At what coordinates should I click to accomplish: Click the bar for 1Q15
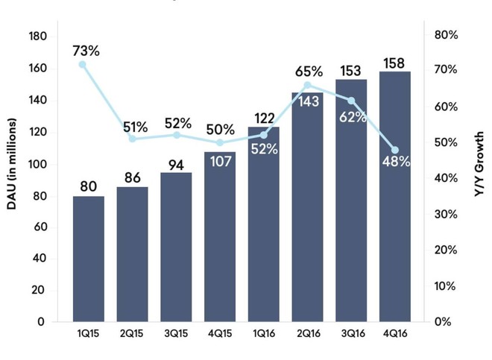[x=88, y=259]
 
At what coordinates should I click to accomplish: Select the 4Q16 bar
[x=394, y=197]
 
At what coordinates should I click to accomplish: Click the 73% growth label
[x=86, y=51]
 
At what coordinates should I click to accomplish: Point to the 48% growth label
[x=395, y=161]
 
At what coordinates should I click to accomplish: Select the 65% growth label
[x=308, y=72]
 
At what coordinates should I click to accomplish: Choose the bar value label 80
[x=88, y=184]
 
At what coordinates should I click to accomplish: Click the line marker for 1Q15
[x=83, y=65]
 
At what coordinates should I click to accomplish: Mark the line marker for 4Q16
[x=394, y=150]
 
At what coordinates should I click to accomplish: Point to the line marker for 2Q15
[x=133, y=139]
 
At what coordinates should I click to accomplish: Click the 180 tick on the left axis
[x=37, y=37]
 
